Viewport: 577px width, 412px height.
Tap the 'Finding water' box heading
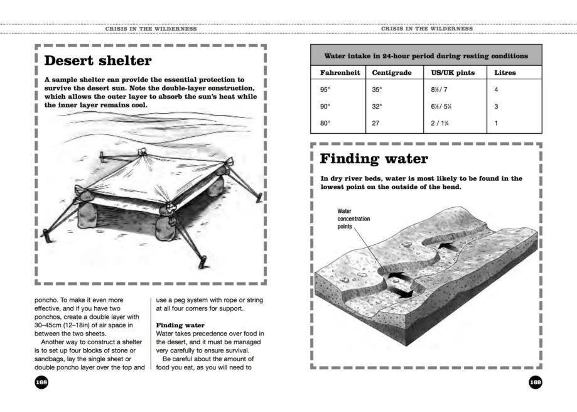pyautogui.click(x=375, y=158)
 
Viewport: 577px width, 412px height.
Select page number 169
pyautogui.click(x=536, y=382)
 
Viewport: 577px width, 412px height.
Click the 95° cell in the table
pyautogui.click(x=325, y=90)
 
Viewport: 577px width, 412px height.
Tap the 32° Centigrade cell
pyautogui.click(x=377, y=107)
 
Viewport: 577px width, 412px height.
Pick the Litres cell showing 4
pyautogui.click(x=497, y=90)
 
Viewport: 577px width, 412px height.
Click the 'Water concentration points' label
pyautogui.click(x=353, y=219)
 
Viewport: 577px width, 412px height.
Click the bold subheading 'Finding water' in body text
pyautogui.click(x=177, y=325)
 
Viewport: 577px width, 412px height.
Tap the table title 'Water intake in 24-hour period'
pyautogui.click(x=426, y=56)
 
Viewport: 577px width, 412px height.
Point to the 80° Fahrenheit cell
pyautogui.click(x=325, y=124)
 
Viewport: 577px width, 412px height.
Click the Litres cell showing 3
pyautogui.click(x=497, y=107)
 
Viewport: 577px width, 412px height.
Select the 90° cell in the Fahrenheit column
pyautogui.click(x=325, y=107)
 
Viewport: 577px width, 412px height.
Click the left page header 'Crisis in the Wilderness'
pyautogui.click(x=151, y=30)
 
